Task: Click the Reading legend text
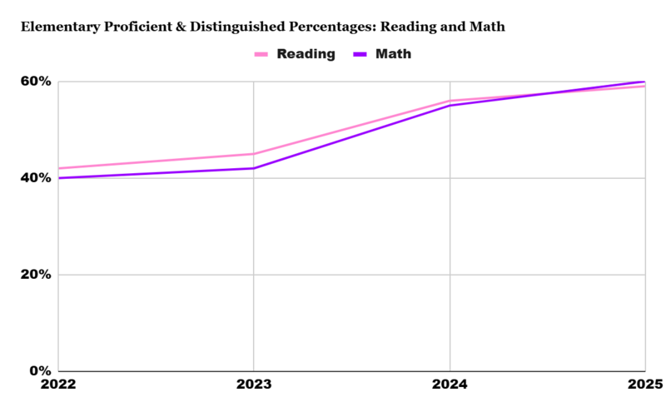point(306,54)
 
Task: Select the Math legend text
point(394,54)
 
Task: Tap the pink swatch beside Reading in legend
point(261,55)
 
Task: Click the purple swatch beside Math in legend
point(360,55)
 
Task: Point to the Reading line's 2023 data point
point(254,154)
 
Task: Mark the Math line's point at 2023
point(254,168)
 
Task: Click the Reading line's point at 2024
point(450,101)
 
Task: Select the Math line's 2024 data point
point(450,106)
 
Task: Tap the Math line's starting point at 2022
point(59,178)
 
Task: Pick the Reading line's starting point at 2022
point(59,168)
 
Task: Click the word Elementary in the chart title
point(57,27)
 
